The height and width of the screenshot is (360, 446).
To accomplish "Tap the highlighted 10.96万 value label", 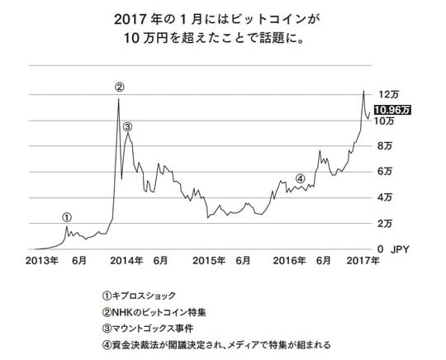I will tap(392, 108).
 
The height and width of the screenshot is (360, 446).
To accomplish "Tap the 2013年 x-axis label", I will tap(40, 261).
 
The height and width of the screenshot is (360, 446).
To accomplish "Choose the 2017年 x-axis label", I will tap(362, 261).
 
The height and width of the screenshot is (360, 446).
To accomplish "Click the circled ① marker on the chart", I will tap(67, 217).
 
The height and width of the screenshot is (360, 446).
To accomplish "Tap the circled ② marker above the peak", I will tap(120, 87).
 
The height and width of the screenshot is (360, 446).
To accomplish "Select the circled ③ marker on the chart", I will tap(127, 126).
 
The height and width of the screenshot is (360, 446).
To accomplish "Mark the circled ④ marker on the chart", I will tap(300, 178).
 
